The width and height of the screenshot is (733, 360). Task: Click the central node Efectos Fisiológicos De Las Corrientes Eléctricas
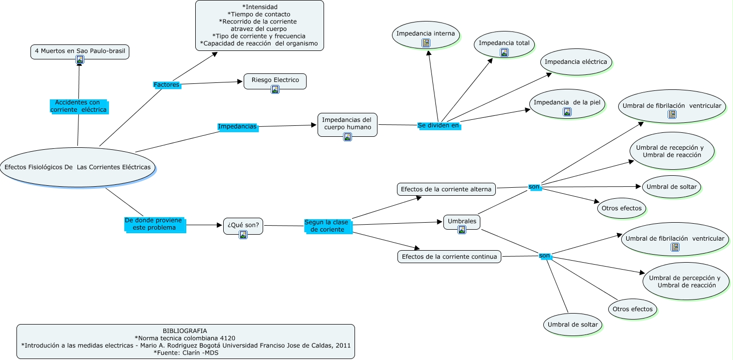(x=77, y=167)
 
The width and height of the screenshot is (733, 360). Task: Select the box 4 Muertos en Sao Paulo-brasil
(x=80, y=51)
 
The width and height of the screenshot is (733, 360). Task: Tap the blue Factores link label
(x=166, y=85)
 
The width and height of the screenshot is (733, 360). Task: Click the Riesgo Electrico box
(x=275, y=80)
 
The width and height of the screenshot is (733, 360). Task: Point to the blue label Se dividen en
(x=438, y=126)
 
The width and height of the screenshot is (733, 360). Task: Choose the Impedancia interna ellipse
(x=425, y=34)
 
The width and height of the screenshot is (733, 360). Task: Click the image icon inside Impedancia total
(x=504, y=52)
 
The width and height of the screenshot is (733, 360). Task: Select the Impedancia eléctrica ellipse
(x=576, y=62)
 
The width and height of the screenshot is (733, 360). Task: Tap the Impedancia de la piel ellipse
(x=567, y=103)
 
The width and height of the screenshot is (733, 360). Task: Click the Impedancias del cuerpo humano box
(x=347, y=124)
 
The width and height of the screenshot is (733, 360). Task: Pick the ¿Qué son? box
(x=243, y=225)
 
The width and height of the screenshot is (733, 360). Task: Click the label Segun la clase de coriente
(x=327, y=226)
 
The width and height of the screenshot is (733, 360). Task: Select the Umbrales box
(x=461, y=221)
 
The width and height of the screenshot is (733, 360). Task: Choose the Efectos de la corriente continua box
(x=449, y=257)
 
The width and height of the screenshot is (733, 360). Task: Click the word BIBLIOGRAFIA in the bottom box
(x=185, y=331)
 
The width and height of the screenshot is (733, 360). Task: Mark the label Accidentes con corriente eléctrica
(x=78, y=106)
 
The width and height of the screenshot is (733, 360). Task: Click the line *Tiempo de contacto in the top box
(x=259, y=14)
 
